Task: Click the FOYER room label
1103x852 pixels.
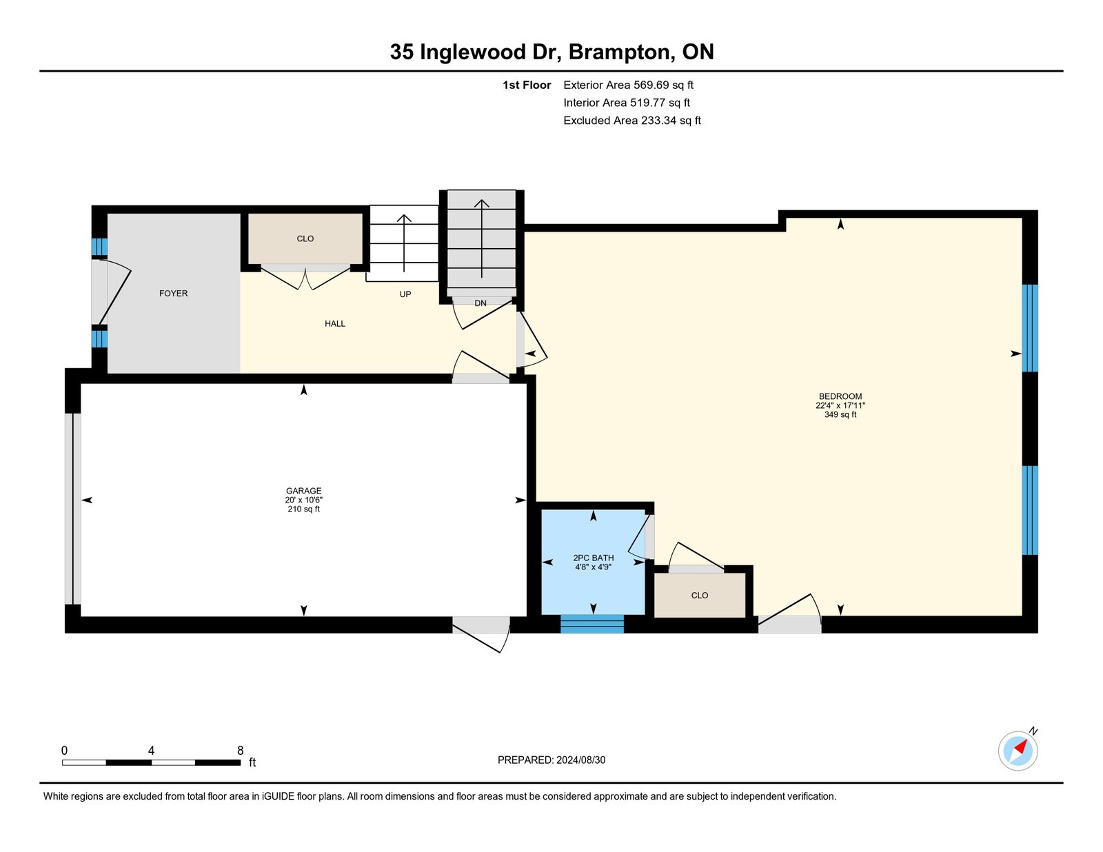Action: pyautogui.click(x=173, y=294)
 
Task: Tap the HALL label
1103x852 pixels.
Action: pyautogui.click(x=335, y=324)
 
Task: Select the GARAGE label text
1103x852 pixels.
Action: pyautogui.click(x=304, y=491)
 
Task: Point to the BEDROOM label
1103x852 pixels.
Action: pyautogui.click(x=840, y=396)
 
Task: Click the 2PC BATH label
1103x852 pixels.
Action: pyautogui.click(x=594, y=558)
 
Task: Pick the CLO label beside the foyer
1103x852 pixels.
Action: pyautogui.click(x=305, y=239)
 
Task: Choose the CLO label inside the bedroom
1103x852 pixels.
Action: pyautogui.click(x=700, y=596)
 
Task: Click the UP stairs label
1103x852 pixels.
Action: pyautogui.click(x=405, y=294)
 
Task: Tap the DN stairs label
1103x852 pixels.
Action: pyautogui.click(x=480, y=303)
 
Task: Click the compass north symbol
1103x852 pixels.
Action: pyautogui.click(x=1018, y=750)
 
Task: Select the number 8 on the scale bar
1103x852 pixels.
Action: pyautogui.click(x=241, y=751)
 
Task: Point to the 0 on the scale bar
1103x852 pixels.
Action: pyautogui.click(x=64, y=751)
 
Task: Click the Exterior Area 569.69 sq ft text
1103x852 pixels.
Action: pyautogui.click(x=628, y=85)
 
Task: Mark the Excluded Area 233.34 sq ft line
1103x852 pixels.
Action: pyautogui.click(x=632, y=121)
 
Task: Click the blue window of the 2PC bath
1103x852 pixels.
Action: pyautogui.click(x=592, y=624)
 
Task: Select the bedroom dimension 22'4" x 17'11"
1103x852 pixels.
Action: pyautogui.click(x=840, y=406)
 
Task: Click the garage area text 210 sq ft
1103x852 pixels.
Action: pyautogui.click(x=304, y=509)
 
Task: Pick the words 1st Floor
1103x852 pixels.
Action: pyautogui.click(x=527, y=85)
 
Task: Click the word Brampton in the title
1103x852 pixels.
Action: pyautogui.click(x=619, y=52)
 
